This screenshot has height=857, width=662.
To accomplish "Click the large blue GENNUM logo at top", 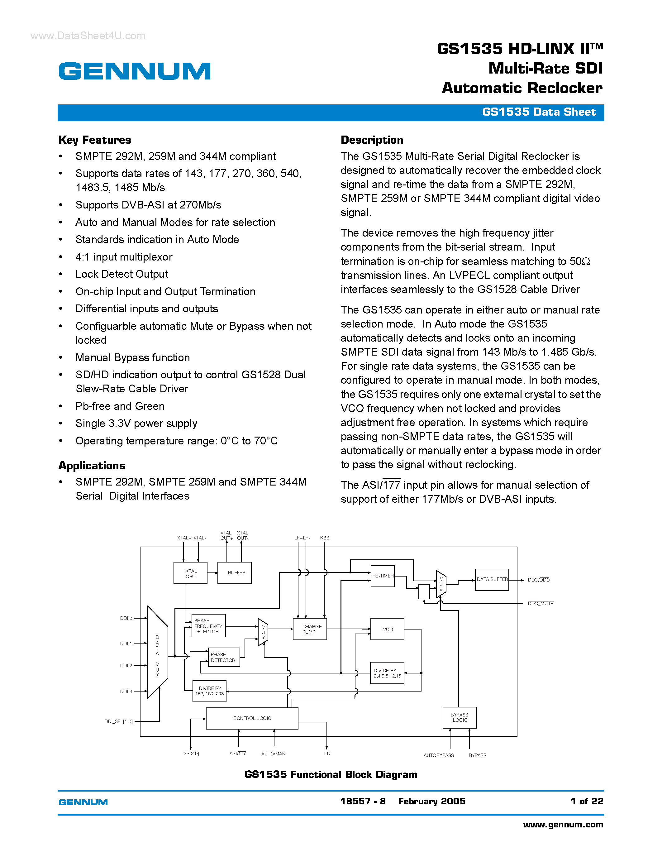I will point(135,71).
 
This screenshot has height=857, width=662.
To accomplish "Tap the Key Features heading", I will point(95,140).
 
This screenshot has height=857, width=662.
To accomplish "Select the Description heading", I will point(372,140).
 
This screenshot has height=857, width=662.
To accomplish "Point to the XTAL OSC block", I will point(191,573).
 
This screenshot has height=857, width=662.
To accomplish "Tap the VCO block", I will point(388,629).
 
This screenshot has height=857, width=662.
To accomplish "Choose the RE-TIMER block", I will point(383,576).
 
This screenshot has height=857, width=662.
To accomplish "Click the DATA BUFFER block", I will point(492,580).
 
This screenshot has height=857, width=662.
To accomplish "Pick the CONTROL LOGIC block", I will point(252,718).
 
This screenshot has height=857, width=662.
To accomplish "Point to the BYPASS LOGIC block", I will point(460,718).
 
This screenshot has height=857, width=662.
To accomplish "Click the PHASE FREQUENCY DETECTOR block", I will point(208,626).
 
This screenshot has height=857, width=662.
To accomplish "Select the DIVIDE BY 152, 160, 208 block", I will point(210,691).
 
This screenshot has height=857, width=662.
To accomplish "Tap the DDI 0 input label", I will point(126,618).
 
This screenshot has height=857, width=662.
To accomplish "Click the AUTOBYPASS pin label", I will point(438,755).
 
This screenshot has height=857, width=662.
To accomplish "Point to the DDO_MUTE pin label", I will point(541,604).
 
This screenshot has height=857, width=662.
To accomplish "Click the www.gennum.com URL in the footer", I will point(563,824).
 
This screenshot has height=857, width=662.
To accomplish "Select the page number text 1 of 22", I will point(587,801).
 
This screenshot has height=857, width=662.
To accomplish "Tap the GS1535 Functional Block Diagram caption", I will point(331,774).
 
